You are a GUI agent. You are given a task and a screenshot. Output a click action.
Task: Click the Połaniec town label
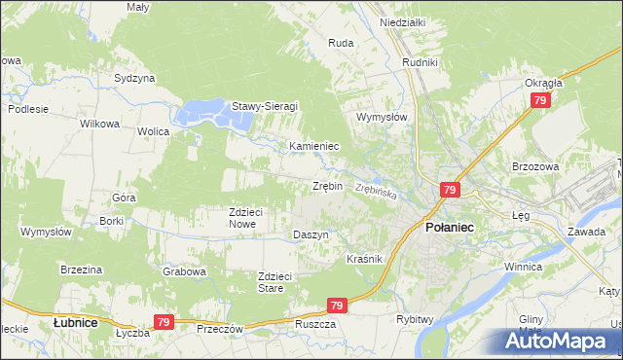(x=449, y=226)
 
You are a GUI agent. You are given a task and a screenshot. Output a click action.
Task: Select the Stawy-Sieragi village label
(x=264, y=106)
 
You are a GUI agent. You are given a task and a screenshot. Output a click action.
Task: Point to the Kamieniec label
(x=313, y=146)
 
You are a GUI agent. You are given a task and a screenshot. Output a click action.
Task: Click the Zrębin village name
(x=327, y=185)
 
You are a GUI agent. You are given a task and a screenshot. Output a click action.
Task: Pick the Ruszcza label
(x=314, y=324)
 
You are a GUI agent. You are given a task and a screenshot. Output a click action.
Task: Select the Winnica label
(x=522, y=266)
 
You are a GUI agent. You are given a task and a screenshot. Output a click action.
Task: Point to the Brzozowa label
(x=534, y=166)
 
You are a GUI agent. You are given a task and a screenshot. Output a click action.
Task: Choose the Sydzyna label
(x=134, y=78)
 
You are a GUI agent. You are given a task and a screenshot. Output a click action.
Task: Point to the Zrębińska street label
(x=376, y=191)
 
